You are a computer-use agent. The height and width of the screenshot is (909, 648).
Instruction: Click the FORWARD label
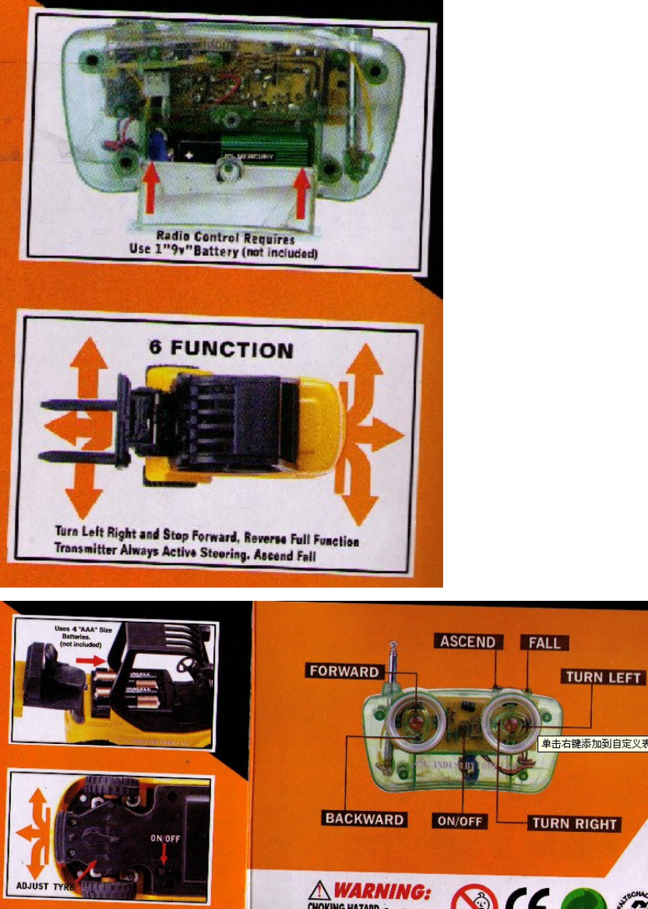tap(344, 671)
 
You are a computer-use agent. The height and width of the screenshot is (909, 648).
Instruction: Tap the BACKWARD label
tap(364, 819)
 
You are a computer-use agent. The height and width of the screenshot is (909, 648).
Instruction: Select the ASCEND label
tap(468, 642)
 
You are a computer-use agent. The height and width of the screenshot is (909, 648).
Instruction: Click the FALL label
tap(544, 643)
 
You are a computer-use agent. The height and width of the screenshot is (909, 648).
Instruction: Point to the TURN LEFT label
tap(603, 676)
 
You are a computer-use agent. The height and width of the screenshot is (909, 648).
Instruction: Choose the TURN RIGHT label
tap(574, 823)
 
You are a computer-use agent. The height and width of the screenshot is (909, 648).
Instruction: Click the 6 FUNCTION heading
tap(221, 349)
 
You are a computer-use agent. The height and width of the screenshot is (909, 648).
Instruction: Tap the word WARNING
tap(382, 890)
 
